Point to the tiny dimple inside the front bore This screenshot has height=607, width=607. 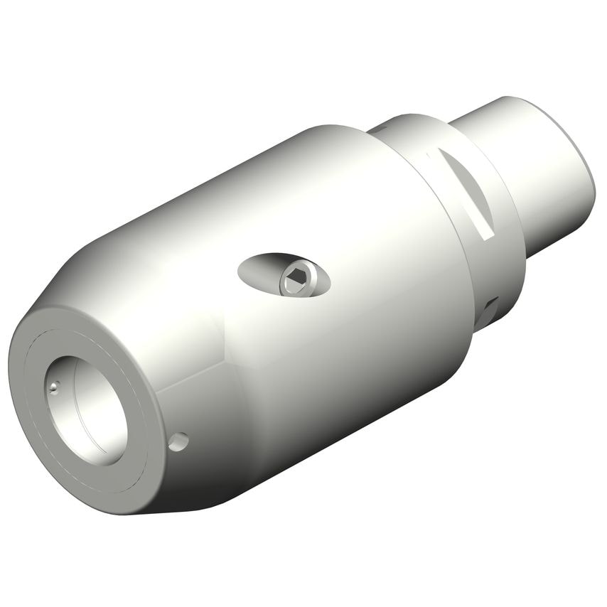pos(54,387)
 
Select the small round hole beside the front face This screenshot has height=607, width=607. pos(178,441)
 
